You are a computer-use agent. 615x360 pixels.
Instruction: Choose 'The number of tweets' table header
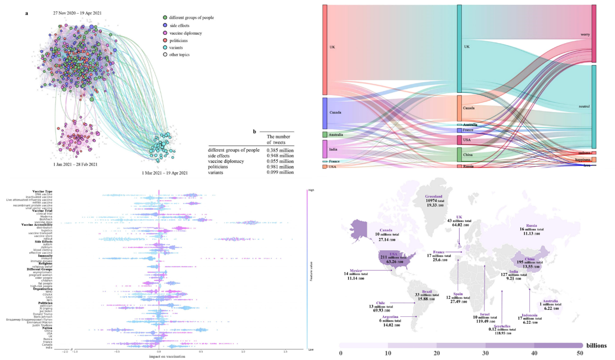pos(278,139)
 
